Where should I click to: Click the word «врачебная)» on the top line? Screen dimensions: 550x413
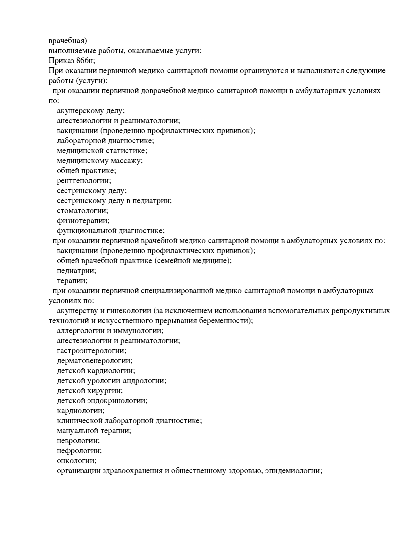click(68, 41)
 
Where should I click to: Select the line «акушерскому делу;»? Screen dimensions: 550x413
click(91, 111)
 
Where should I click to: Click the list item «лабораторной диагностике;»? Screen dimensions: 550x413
click(105, 141)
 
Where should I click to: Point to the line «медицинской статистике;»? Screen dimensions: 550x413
click(102, 151)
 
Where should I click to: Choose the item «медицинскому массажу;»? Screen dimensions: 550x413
click(100, 161)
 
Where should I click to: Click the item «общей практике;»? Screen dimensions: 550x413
click(86, 171)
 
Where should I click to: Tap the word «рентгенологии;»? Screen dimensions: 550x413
click(84, 181)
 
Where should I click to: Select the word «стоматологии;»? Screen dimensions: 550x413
click(83, 211)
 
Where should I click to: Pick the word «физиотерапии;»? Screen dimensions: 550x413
click(83, 221)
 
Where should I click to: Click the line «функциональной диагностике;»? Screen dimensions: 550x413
click(111, 231)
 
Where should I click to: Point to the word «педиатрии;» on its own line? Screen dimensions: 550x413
click(76, 271)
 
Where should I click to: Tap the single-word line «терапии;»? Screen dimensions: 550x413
click(72, 281)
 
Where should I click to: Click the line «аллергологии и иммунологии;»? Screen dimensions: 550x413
click(110, 331)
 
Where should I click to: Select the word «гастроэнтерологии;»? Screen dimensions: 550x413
click(92, 351)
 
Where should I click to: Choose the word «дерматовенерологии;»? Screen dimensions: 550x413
click(95, 361)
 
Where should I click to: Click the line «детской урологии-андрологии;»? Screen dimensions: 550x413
click(112, 381)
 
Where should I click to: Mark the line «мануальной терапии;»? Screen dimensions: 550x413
click(94, 431)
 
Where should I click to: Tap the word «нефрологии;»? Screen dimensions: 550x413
click(79, 451)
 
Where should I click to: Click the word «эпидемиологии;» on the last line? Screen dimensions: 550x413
click(293, 471)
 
